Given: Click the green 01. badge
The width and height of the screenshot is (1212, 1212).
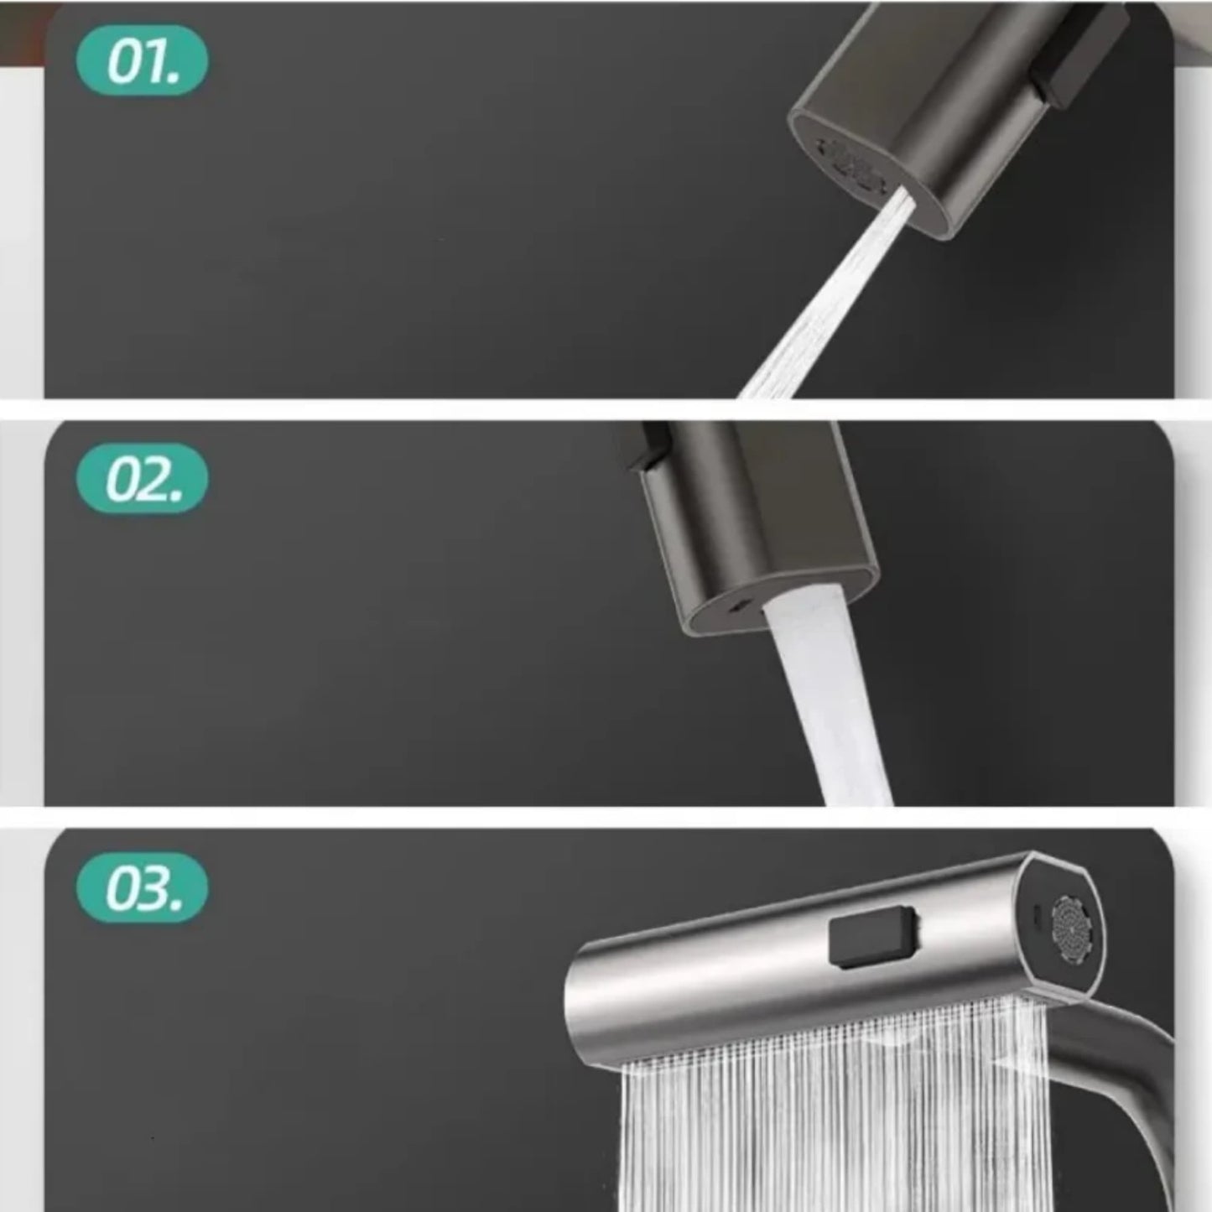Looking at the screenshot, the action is pos(142,61).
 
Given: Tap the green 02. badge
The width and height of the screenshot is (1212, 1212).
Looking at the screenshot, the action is pos(142,479).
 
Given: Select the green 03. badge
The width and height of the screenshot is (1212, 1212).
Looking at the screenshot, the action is pos(142,887).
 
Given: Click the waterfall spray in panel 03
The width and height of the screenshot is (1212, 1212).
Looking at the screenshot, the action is pos(830,1107).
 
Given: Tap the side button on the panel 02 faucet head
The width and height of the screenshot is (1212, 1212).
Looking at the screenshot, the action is pos(645,446).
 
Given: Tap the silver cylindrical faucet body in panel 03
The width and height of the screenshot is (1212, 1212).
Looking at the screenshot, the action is pos(818,962).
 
